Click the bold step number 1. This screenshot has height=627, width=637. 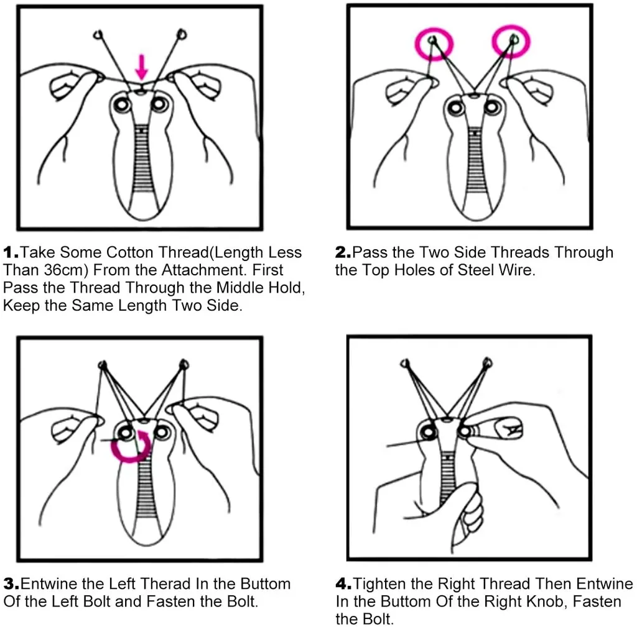(x=11, y=252)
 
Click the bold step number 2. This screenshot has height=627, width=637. (x=343, y=252)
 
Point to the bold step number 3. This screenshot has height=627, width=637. (x=11, y=584)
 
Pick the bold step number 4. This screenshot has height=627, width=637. (x=343, y=584)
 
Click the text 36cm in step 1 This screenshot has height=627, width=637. (x=65, y=270)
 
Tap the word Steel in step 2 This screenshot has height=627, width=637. (x=478, y=270)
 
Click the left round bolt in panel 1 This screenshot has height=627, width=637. (x=122, y=104)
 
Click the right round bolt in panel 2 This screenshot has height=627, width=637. (x=492, y=108)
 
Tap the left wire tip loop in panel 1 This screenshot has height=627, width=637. (x=98, y=35)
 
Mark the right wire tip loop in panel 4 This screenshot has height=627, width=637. (x=488, y=362)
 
